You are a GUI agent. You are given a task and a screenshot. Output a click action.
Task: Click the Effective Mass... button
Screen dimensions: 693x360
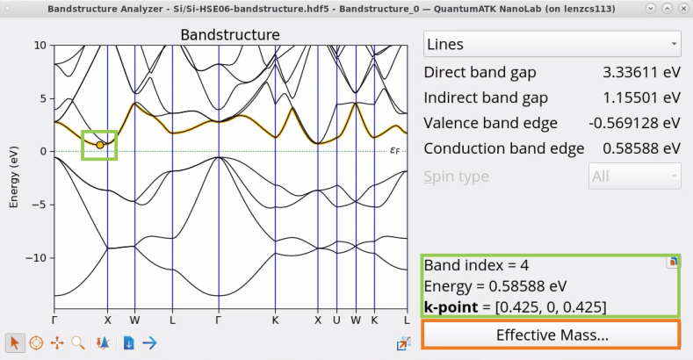click(551, 335)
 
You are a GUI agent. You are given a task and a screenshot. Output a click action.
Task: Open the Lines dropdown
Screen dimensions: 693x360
click(552, 44)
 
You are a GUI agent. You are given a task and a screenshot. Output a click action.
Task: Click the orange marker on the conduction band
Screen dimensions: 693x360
click(100, 145)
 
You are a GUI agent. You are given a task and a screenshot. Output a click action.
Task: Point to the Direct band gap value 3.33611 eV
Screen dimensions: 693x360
click(641, 72)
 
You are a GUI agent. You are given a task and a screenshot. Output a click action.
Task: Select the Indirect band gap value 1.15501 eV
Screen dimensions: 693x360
click(641, 97)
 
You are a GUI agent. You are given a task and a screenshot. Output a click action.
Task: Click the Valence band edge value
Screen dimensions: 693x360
click(634, 123)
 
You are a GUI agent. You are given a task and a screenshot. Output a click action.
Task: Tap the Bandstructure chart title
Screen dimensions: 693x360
click(230, 35)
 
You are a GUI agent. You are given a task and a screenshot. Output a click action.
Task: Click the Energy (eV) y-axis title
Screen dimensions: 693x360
click(14, 176)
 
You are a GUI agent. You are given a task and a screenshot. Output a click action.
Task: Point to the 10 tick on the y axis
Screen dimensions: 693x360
click(40, 45)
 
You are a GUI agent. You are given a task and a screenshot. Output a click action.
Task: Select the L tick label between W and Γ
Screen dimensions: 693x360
click(172, 320)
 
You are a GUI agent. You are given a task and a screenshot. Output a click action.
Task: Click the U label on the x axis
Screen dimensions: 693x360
click(336, 320)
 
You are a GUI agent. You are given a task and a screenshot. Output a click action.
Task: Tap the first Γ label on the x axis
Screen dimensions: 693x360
click(54, 320)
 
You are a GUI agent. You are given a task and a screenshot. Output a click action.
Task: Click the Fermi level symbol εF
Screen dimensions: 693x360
click(394, 151)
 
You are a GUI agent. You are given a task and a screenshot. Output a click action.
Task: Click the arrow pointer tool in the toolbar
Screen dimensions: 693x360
click(15, 342)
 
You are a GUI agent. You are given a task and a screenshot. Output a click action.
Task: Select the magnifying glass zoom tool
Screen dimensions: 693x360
click(78, 342)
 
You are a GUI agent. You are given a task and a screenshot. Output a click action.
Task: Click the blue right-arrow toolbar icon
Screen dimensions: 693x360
click(150, 342)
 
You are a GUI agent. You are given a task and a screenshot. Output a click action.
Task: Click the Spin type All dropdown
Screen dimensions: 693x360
click(635, 176)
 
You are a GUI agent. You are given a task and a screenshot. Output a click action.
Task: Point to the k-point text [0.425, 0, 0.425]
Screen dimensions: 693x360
click(551, 307)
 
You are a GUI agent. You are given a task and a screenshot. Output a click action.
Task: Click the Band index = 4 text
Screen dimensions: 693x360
click(476, 265)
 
